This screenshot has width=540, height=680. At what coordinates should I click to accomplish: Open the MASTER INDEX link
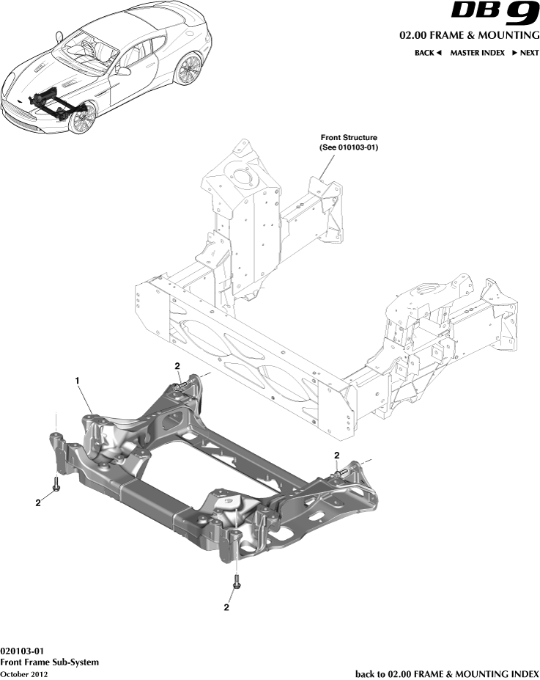coord(477,53)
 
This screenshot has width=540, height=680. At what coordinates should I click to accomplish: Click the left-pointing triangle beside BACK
coord(439,53)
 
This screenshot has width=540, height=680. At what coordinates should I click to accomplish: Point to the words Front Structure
coord(349,137)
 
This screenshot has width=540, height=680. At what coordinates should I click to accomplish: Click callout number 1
coord(76,380)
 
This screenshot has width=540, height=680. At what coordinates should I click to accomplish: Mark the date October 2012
coord(24,673)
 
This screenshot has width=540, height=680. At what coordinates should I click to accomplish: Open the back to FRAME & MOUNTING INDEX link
coord(447,673)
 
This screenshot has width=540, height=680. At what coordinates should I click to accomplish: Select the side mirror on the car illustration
coord(124,71)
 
